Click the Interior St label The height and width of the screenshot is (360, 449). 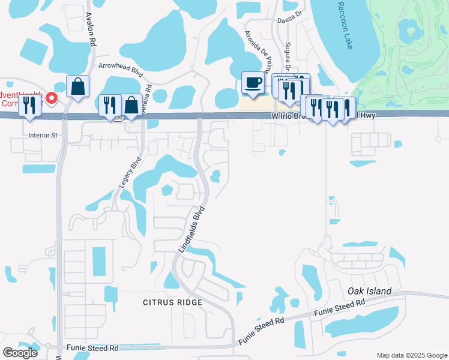42,136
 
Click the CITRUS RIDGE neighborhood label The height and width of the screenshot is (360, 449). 172,302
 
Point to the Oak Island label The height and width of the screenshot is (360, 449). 370,292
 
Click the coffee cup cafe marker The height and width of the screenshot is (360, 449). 252,83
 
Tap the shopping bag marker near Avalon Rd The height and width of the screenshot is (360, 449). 78,86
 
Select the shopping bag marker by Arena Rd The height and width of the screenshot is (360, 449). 131,105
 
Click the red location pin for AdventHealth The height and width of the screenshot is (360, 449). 52,98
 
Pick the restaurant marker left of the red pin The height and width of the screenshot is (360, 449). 29,105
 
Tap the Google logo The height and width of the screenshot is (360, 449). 20,353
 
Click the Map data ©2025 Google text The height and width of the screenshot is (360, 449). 411,355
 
